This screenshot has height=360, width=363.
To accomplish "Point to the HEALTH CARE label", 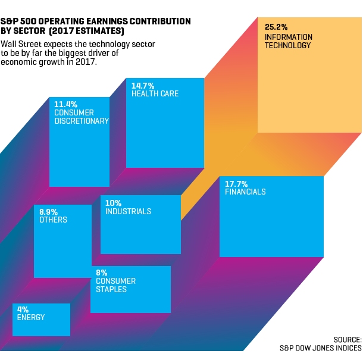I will coord(155,94).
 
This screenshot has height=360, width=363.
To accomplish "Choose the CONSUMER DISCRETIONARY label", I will coord(81,117).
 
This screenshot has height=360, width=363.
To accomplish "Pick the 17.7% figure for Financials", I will coord(236,184).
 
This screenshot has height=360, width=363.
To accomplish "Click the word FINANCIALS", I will coord(245,192).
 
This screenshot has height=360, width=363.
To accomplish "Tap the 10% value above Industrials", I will coord(113,203).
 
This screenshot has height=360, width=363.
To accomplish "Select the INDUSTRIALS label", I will coord(128,211).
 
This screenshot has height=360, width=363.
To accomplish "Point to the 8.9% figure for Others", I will coord(49,211).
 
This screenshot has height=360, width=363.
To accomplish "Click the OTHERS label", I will coord(53,220).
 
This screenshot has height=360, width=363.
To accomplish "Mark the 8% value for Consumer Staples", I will coord(101,273).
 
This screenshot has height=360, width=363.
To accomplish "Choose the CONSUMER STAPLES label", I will coord(115,285).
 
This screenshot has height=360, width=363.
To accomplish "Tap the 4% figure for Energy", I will coord(23,309).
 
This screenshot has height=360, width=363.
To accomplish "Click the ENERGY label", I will coord(31,318).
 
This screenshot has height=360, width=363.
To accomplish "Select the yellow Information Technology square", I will coord(309,89).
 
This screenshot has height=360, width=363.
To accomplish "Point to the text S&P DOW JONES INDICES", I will coord(320,348).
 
